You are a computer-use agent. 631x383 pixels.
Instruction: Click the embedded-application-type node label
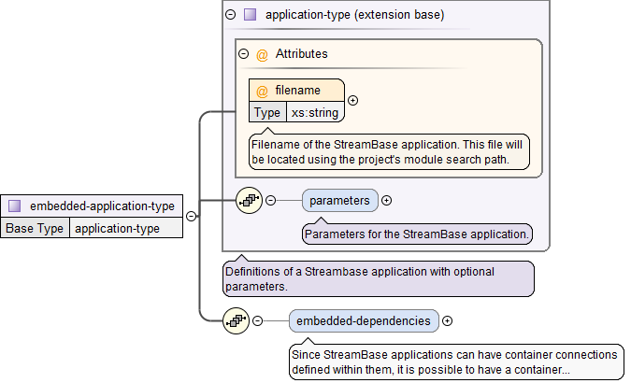pyautogui.click(x=102, y=206)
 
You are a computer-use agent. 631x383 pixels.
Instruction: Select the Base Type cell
pyautogui.click(x=36, y=228)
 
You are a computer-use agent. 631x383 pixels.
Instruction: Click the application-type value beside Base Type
pyautogui.click(x=117, y=228)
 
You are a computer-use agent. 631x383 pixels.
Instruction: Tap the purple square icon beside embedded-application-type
pyautogui.click(x=15, y=206)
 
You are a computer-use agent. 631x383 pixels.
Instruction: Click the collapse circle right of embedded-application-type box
pyautogui.click(x=191, y=216)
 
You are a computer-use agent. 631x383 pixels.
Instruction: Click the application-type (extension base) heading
pyautogui.click(x=354, y=15)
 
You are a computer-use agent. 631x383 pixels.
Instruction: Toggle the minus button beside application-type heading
pyautogui.click(x=231, y=15)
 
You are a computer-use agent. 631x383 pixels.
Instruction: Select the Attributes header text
pyautogui.click(x=301, y=54)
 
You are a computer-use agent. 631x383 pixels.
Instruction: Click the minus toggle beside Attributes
pyautogui.click(x=244, y=54)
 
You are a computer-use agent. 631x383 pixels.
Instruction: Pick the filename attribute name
pyautogui.click(x=297, y=91)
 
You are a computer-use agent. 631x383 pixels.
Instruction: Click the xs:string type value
pyautogui.click(x=315, y=112)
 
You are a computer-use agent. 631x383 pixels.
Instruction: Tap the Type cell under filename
pyautogui.click(x=267, y=112)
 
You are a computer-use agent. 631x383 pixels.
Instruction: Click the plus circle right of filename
pyautogui.click(x=352, y=101)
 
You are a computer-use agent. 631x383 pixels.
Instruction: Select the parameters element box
pyautogui.click(x=339, y=200)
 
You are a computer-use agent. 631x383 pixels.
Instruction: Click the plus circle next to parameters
pyautogui.click(x=386, y=200)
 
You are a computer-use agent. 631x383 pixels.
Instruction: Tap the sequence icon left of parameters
pyautogui.click(x=249, y=200)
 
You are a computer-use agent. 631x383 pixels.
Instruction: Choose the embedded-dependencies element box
pyautogui.click(x=363, y=320)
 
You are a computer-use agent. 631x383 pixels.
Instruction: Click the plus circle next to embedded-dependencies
pyautogui.click(x=447, y=320)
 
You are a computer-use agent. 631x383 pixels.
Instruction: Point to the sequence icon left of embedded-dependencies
pyautogui.click(x=236, y=320)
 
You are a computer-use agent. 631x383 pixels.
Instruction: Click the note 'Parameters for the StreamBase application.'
pyautogui.click(x=417, y=234)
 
